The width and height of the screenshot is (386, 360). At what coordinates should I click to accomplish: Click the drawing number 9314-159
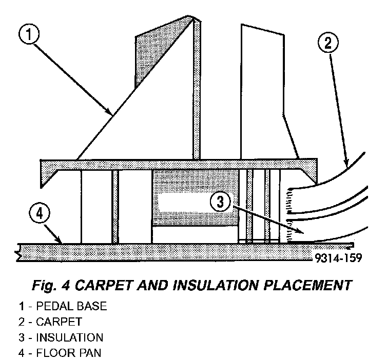tap(336, 258)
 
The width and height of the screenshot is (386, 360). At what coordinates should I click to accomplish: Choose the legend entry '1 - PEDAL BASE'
tap(63, 307)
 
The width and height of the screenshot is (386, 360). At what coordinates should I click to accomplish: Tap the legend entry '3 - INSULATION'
tap(61, 338)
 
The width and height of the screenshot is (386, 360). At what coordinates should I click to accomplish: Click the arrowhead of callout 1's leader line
tap(111, 113)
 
